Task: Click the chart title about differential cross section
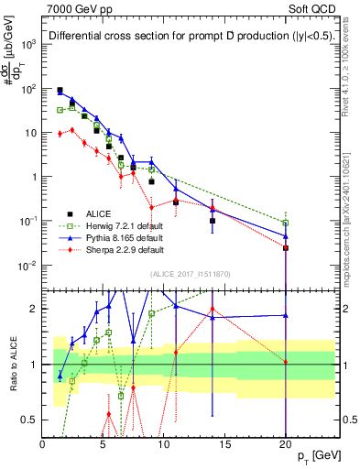[183, 37]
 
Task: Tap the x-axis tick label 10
[163, 444]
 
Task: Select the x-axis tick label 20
[285, 444]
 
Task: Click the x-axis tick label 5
[103, 444]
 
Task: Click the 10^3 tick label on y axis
[28, 44]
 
